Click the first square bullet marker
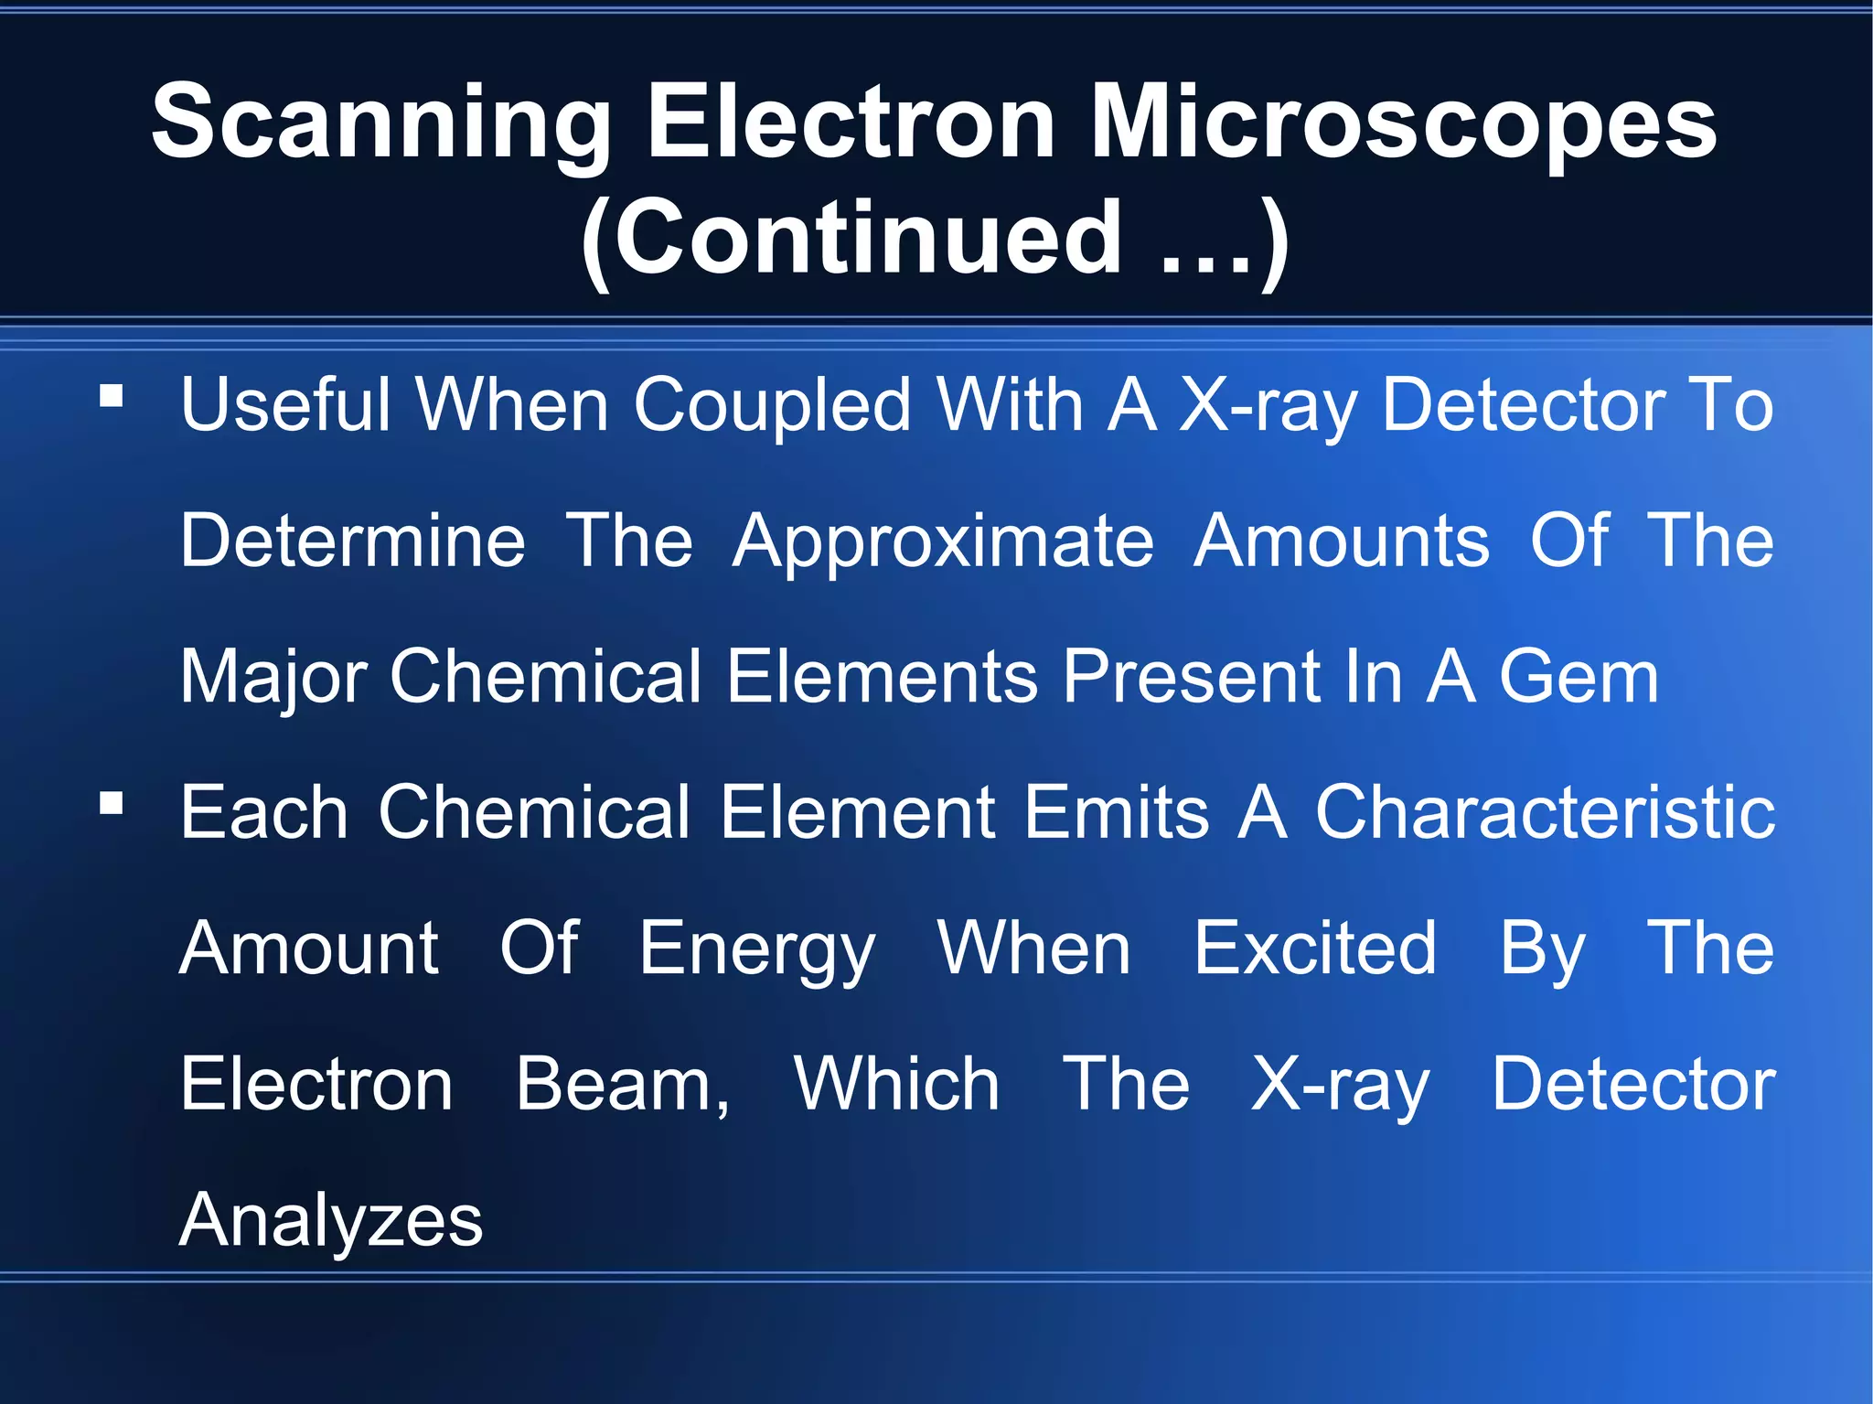tap(112, 396)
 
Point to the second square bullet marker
tap(112, 804)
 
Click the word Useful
tap(284, 404)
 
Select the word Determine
tap(353, 541)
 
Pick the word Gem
tap(1579, 677)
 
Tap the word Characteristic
tap(1546, 812)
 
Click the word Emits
tap(1116, 812)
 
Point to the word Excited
tap(1315, 949)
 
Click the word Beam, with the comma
tap(623, 1086)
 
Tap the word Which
tap(896, 1084)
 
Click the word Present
tap(1187, 677)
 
